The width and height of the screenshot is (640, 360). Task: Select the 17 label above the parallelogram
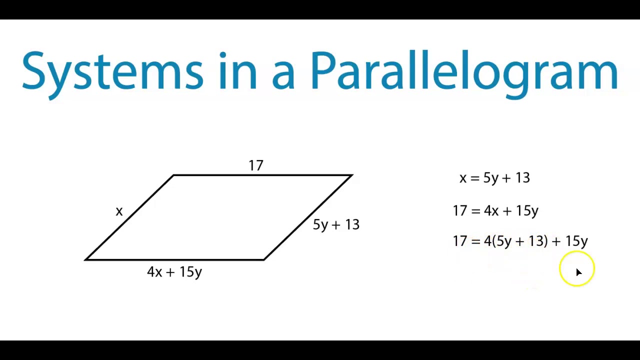(255, 165)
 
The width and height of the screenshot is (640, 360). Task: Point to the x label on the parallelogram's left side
(119, 211)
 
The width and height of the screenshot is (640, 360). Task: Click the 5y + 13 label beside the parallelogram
(336, 224)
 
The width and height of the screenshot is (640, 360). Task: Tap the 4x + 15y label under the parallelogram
(174, 272)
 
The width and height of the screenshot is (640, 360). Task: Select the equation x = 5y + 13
(494, 178)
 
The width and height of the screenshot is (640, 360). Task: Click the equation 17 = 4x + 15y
(495, 211)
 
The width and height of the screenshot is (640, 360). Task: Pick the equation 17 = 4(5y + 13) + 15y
(520, 241)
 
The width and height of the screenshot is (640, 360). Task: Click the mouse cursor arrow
(578, 272)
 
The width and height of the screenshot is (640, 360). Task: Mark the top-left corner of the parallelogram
(173, 175)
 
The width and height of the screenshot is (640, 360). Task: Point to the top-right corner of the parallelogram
(352, 175)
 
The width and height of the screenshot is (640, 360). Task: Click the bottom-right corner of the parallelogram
(264, 259)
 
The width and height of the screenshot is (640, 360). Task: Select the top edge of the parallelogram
(262, 175)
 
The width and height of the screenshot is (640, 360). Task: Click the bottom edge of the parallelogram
(175, 259)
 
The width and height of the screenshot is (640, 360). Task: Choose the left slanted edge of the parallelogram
(129, 217)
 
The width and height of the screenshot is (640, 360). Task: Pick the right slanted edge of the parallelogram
(308, 217)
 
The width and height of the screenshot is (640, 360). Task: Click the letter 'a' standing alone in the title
(283, 75)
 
